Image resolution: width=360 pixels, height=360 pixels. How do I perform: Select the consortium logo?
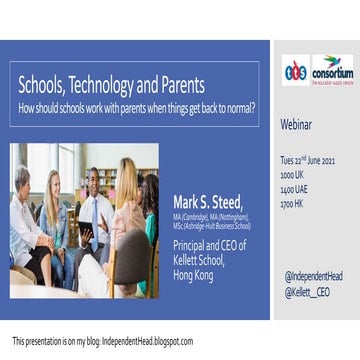(x=331, y=69)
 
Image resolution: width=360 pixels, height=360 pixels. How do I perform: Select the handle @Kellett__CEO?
(x=306, y=290)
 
